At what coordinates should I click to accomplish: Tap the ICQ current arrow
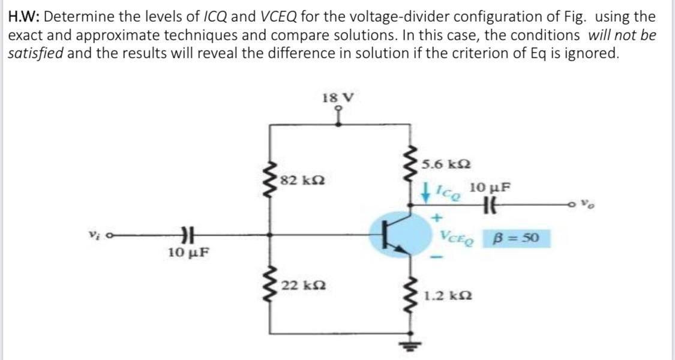point(424,193)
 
